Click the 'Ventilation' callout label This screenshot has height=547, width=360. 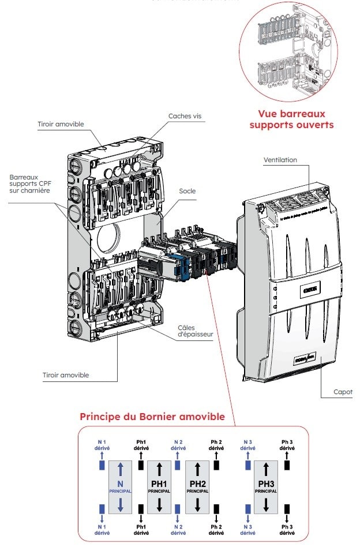click(x=280, y=159)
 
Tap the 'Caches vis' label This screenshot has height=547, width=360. click(x=185, y=116)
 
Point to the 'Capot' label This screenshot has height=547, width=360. click(x=343, y=392)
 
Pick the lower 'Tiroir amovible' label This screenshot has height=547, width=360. click(x=66, y=375)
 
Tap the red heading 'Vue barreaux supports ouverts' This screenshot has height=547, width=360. click(x=295, y=119)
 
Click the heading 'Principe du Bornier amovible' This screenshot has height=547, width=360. click(x=152, y=416)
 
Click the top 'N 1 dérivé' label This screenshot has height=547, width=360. click(x=102, y=444)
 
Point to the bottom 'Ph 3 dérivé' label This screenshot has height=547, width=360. click(x=287, y=529)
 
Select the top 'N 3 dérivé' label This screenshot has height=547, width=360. click(x=247, y=444)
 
